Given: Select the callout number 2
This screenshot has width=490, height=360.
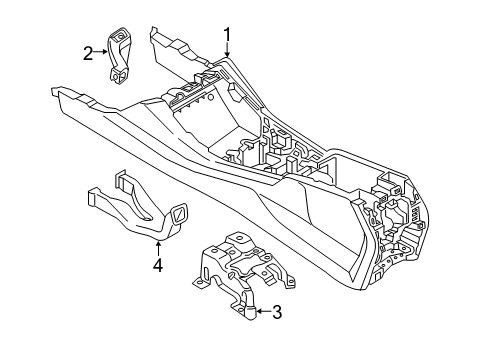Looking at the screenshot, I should click(x=89, y=54).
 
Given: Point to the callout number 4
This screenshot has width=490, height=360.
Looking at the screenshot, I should click(x=157, y=265).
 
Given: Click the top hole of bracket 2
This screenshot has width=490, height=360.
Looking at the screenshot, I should click(x=119, y=39).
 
